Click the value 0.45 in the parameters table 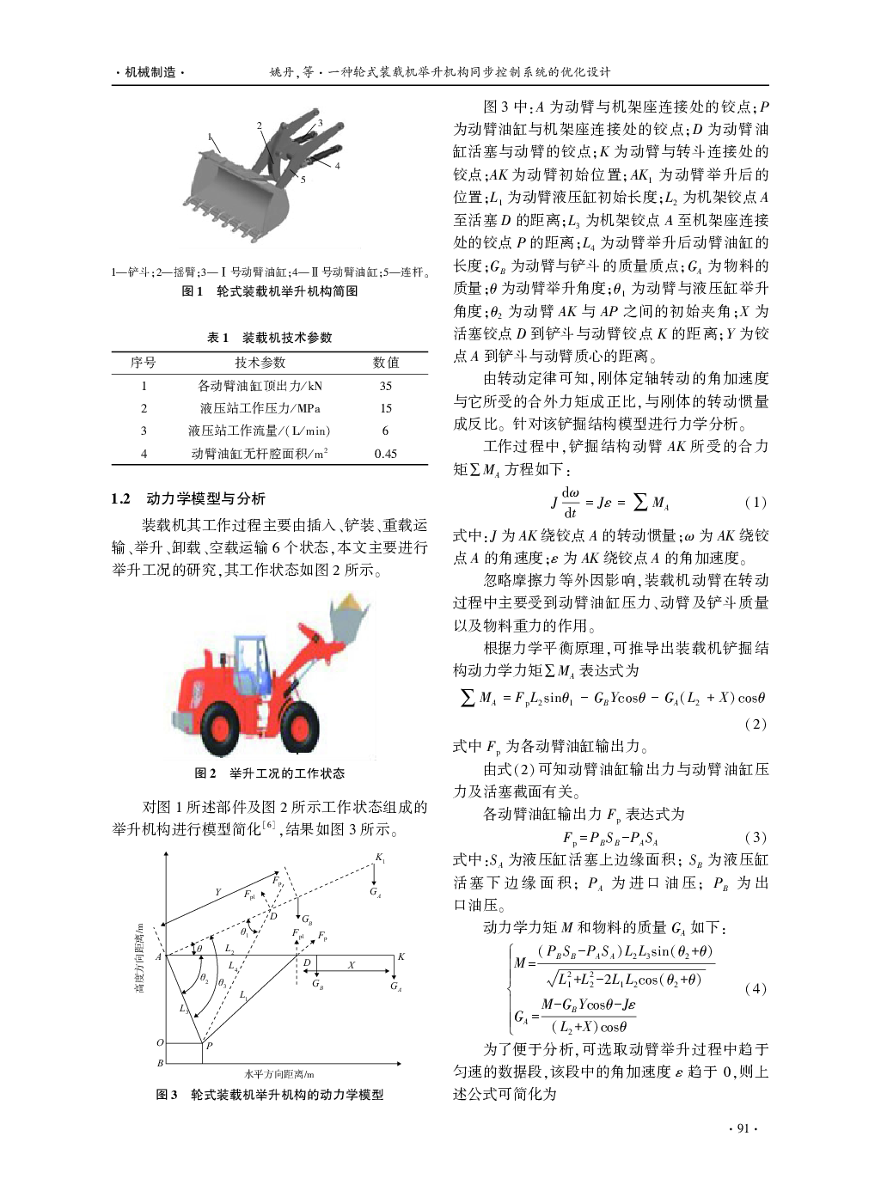click(x=385, y=454)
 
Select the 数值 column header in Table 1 click(x=386, y=363)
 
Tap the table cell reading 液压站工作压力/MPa click(x=260, y=408)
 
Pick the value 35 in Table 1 click(x=385, y=386)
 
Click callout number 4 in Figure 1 click(x=337, y=166)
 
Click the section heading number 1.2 click(x=120, y=498)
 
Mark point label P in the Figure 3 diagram click(x=209, y=1046)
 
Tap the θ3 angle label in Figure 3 click(x=222, y=982)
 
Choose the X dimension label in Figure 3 click(x=351, y=965)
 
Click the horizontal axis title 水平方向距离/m click(x=279, y=1073)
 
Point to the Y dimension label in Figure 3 click(x=218, y=892)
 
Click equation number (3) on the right click(x=755, y=837)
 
